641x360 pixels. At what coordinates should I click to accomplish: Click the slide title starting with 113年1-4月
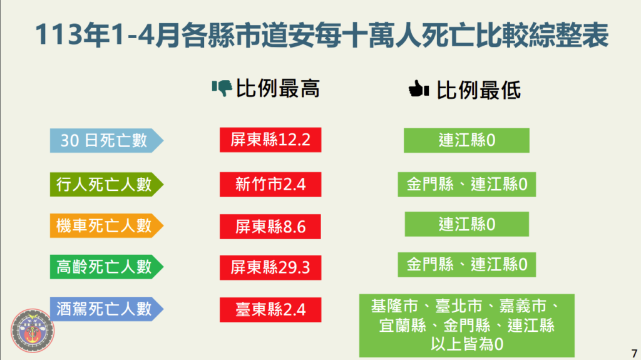(322, 35)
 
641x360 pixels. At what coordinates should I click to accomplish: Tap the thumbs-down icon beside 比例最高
(222, 88)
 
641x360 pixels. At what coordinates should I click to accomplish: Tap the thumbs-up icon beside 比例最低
(419, 89)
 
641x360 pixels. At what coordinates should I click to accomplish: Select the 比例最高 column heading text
(278, 88)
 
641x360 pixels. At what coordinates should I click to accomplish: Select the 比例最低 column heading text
(479, 90)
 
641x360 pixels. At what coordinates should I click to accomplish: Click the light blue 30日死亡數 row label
(106, 140)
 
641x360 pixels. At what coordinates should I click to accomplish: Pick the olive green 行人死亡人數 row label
(106, 185)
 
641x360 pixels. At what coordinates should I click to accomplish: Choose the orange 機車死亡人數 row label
(106, 225)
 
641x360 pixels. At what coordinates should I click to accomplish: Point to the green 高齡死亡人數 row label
(106, 267)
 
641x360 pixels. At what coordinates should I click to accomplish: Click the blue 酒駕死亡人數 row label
(106, 309)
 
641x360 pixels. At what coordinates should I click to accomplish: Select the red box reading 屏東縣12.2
(270, 140)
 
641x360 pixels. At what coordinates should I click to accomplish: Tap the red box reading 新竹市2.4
(270, 185)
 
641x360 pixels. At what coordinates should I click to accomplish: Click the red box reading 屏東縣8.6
(270, 227)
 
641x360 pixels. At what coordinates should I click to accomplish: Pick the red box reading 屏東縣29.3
(270, 267)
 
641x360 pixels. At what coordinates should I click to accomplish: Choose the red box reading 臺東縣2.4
(270, 310)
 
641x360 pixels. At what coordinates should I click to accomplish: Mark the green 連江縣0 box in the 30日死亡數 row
(466, 140)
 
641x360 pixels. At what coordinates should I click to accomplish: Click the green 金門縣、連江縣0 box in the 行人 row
(467, 185)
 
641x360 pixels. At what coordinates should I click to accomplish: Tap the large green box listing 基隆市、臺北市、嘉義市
(467, 326)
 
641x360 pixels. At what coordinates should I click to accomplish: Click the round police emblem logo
(33, 331)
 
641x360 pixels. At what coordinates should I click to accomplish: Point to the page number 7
(634, 354)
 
